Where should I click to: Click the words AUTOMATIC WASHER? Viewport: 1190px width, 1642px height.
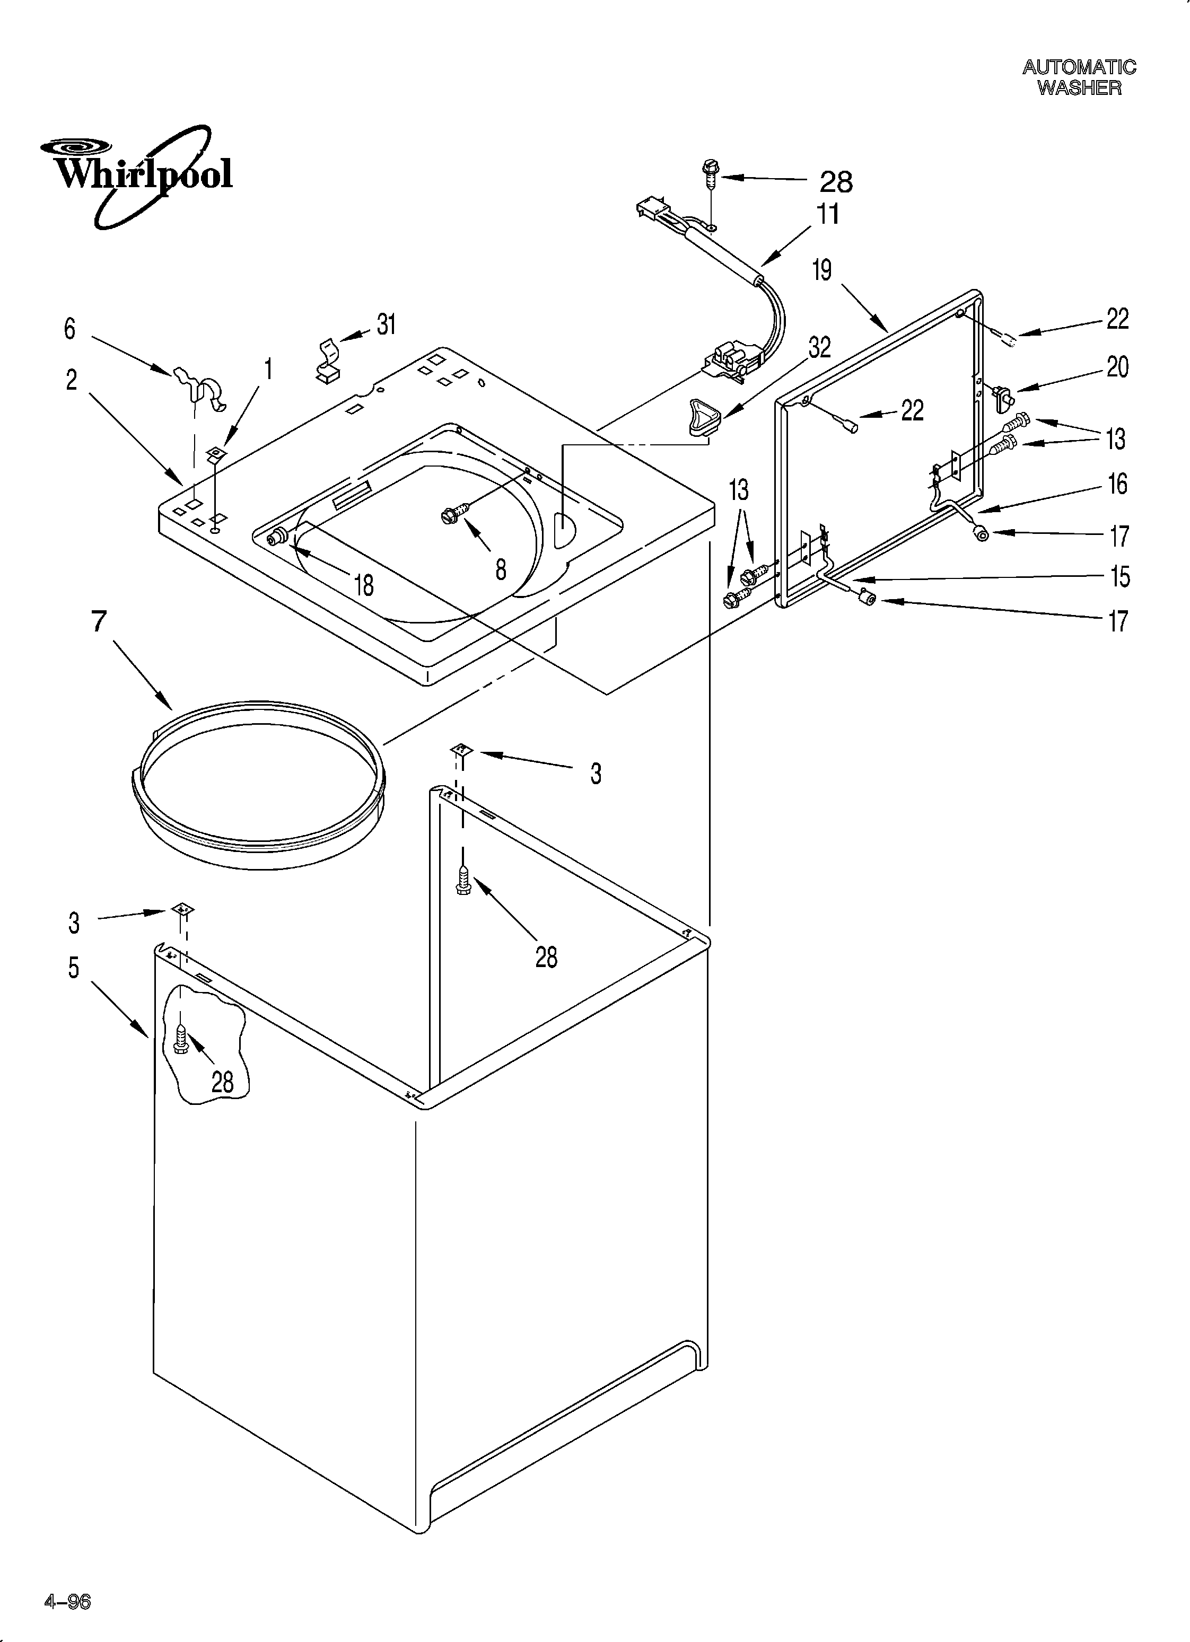pos(1079,77)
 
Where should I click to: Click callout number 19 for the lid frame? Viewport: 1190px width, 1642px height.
pos(821,271)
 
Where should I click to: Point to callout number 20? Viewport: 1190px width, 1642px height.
pos(1117,367)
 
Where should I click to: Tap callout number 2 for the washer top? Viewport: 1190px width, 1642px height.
pos(71,380)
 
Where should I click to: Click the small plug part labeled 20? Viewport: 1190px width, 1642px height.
pos(1004,396)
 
